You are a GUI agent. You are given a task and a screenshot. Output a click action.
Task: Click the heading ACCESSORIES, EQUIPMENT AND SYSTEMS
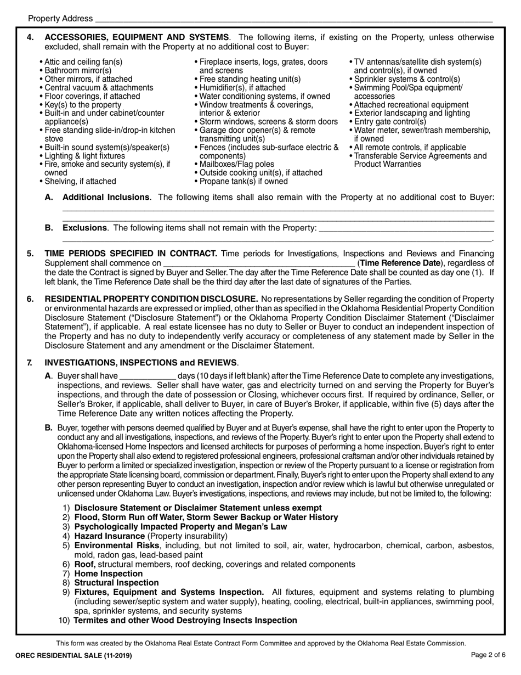point(137,37)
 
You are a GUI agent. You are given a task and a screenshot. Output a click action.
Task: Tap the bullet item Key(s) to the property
point(82,105)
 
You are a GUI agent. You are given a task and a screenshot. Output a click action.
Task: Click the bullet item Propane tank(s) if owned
point(243,181)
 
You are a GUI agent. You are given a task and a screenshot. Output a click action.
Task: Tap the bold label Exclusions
point(84,227)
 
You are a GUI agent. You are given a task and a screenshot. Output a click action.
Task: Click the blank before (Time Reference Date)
point(259,263)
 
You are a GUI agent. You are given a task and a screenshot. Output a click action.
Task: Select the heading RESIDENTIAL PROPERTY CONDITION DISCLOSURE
point(151,299)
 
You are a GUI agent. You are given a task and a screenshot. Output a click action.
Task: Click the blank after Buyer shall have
point(148,376)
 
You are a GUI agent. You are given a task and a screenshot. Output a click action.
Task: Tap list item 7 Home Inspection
point(108,573)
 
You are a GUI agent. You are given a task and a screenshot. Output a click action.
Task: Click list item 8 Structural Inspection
point(116,583)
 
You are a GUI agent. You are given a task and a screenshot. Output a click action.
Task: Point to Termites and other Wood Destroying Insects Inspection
point(185,620)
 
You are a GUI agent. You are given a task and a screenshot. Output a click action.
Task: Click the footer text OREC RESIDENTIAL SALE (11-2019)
point(74,656)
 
